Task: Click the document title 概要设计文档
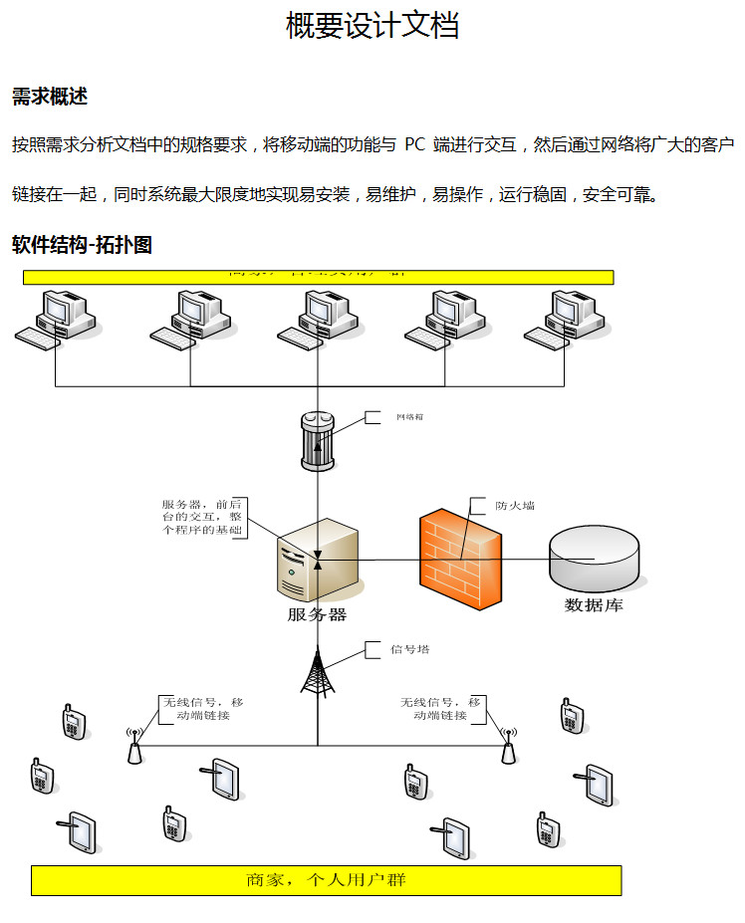(x=372, y=26)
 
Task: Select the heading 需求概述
(x=50, y=97)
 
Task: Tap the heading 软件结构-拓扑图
(x=82, y=245)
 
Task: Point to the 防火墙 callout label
(x=515, y=506)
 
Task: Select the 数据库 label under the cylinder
(x=594, y=605)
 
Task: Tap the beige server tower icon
(x=316, y=561)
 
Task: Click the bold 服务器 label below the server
(x=317, y=615)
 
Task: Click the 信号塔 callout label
(x=410, y=650)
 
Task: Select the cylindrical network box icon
(x=318, y=440)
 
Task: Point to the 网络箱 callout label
(x=409, y=417)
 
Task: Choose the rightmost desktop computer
(x=567, y=319)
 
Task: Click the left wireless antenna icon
(x=134, y=748)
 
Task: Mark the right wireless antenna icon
(x=507, y=748)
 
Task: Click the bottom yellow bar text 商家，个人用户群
(x=326, y=880)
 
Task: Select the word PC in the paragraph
(x=415, y=145)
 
